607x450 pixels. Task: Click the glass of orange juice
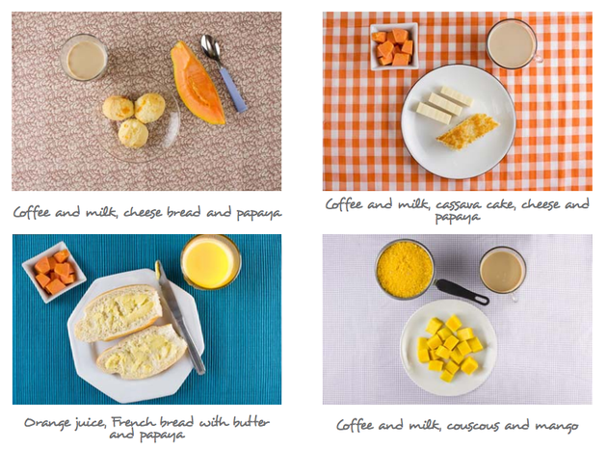pos(210,261)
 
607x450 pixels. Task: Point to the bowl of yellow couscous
pos(405,269)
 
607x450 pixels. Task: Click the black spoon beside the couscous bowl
pos(461,290)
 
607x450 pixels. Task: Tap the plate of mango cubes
pos(448,347)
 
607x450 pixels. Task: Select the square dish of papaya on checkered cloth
pos(393,46)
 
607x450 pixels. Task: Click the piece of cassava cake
pos(466,130)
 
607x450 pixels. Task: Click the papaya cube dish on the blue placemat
pos(54,272)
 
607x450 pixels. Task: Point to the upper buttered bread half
pos(119,312)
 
